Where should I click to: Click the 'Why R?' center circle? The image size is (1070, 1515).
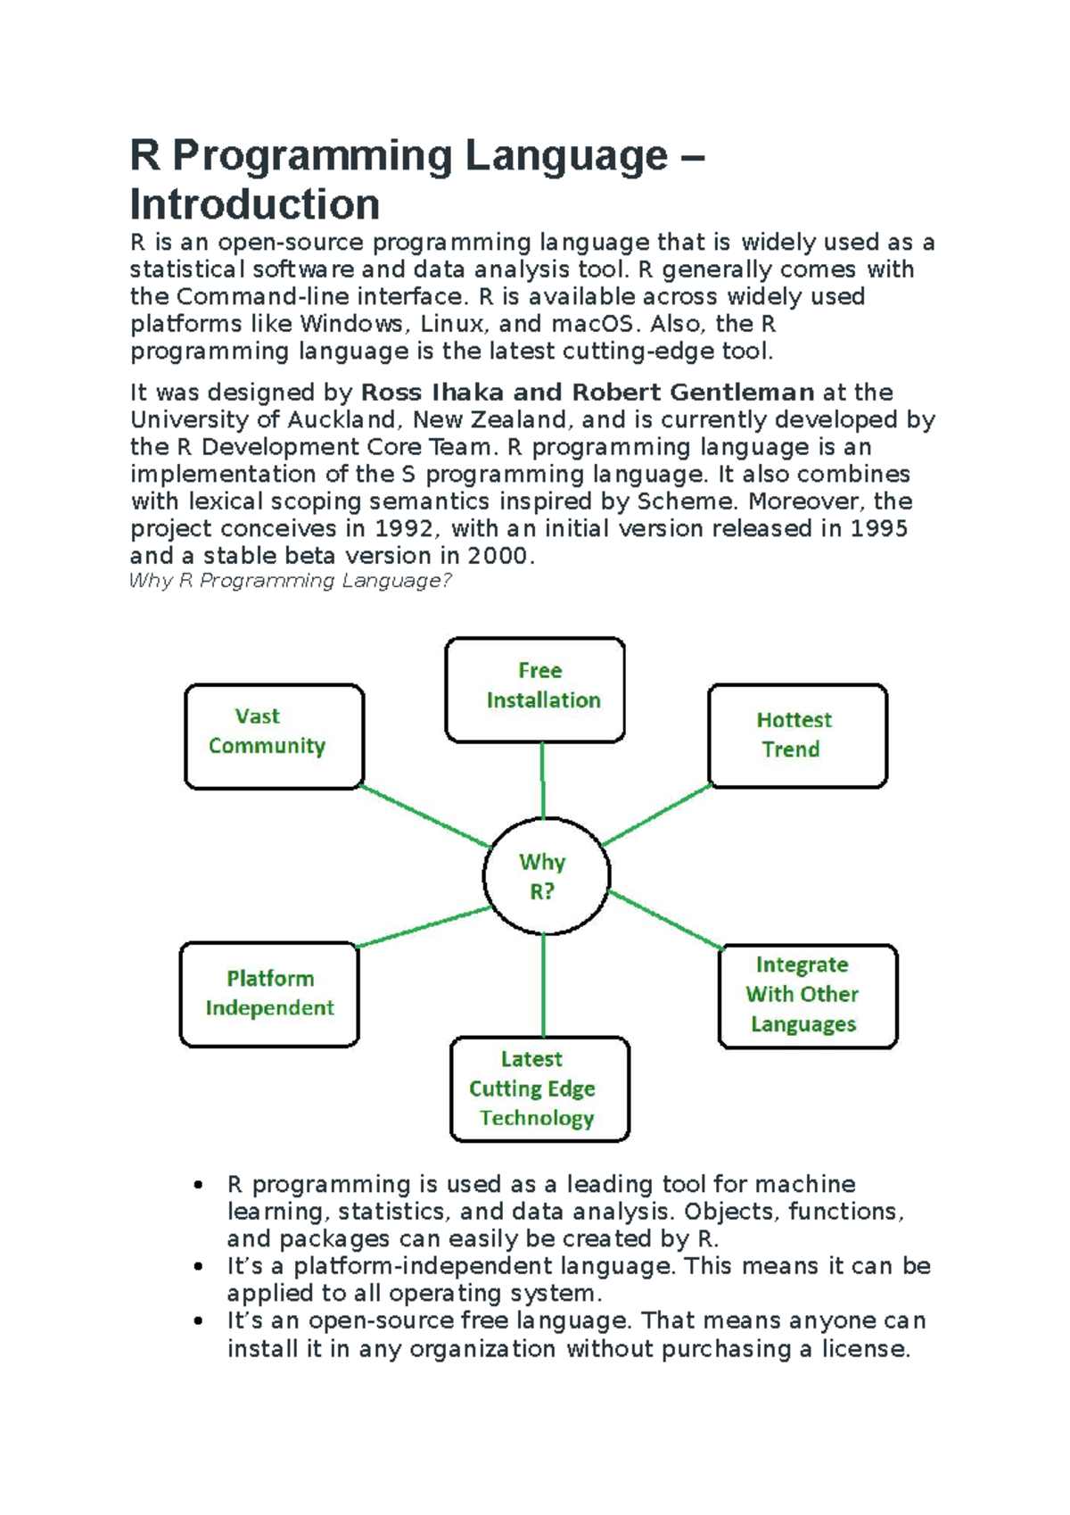(546, 875)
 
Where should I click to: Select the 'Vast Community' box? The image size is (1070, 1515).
(274, 736)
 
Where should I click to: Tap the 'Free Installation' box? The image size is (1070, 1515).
(535, 689)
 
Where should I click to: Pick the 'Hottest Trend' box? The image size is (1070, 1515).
(797, 735)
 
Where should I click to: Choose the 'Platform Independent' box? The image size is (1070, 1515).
(269, 993)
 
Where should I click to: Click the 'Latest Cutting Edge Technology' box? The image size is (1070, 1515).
(539, 1088)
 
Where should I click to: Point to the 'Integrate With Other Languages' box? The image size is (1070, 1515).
(807, 995)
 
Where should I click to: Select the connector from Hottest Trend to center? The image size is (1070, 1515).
(657, 815)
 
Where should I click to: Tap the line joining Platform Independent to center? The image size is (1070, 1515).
(424, 926)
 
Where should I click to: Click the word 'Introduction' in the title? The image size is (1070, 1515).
(255, 204)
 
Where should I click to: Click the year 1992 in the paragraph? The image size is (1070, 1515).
(405, 528)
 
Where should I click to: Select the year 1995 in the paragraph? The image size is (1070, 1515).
(878, 528)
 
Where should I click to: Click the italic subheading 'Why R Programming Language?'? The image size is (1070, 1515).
(291, 581)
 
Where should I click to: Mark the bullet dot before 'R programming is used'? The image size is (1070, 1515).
(198, 1185)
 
